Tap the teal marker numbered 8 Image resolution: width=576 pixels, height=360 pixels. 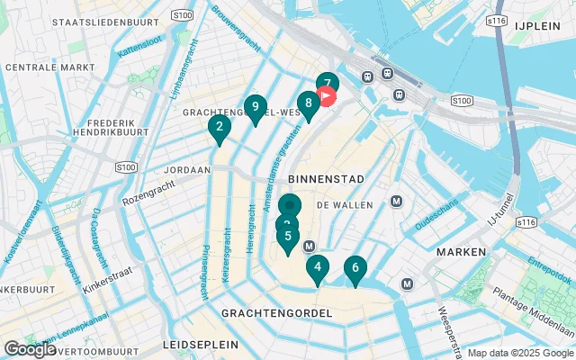coord(308,104)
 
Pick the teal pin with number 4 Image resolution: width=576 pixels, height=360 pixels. coord(317,267)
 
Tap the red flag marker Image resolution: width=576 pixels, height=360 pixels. coord(328,95)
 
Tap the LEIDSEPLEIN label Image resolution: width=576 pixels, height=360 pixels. coord(201,345)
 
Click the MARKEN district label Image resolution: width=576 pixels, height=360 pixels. coord(461,252)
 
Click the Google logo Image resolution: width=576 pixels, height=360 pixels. coord(30,348)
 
